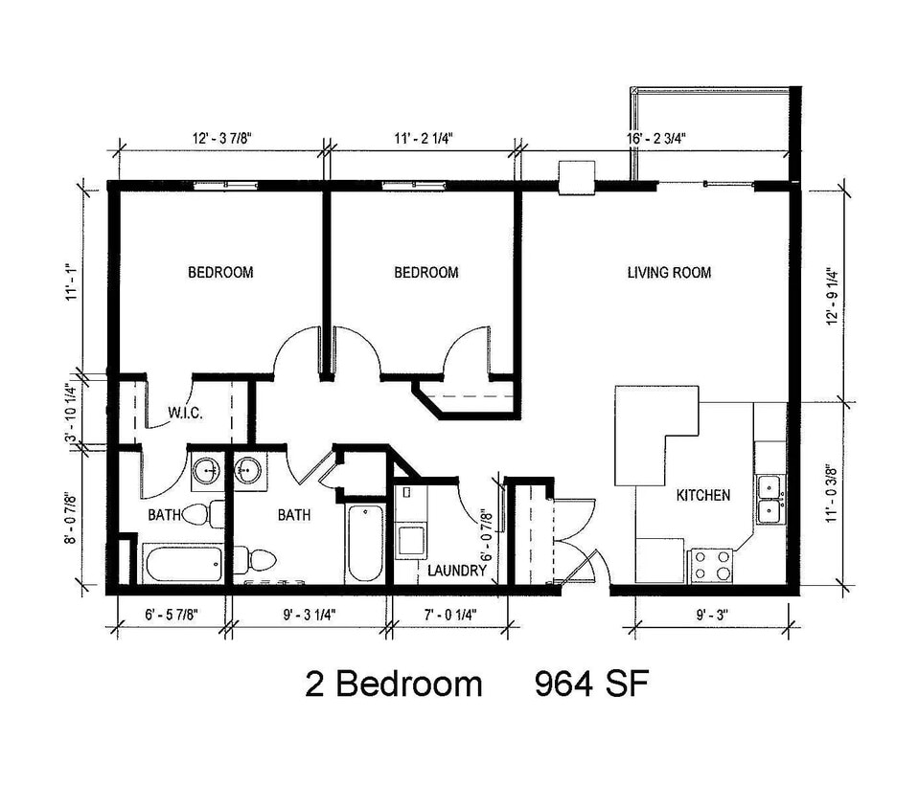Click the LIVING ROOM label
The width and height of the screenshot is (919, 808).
click(669, 273)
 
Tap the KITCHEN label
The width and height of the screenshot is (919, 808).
click(703, 495)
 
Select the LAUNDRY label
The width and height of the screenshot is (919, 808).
click(457, 571)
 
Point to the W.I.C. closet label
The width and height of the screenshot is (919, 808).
click(185, 414)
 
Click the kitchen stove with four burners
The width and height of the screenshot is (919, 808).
click(711, 564)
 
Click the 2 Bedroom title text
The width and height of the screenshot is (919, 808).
click(394, 684)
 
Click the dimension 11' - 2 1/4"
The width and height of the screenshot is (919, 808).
click(421, 138)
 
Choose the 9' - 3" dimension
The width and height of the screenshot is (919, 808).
click(707, 615)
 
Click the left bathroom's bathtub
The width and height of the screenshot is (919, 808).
click(184, 563)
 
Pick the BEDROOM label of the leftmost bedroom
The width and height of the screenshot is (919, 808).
click(220, 273)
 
